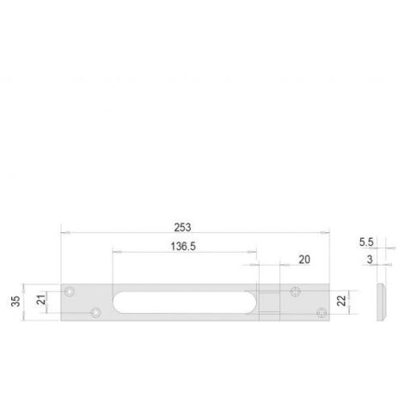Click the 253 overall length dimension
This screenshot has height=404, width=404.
[182, 228]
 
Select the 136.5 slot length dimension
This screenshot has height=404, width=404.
[183, 247]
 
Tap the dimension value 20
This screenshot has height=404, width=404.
[304, 260]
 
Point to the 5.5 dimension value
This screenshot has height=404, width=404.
[366, 242]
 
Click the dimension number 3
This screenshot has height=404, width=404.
[370, 260]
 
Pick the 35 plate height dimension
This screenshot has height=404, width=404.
[15, 301]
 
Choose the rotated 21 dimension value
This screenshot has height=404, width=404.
[42, 300]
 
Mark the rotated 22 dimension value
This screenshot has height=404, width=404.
[341, 301]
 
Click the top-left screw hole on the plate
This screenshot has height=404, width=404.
[70, 291]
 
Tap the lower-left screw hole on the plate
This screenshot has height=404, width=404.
[95, 313]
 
